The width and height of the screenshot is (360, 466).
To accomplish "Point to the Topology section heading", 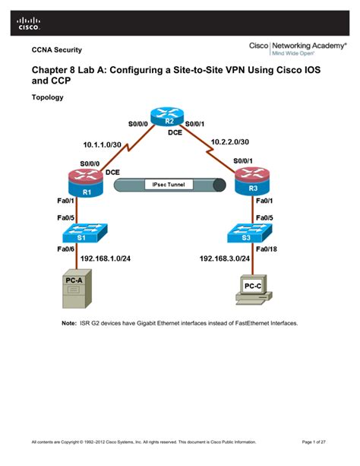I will point(47,98).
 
